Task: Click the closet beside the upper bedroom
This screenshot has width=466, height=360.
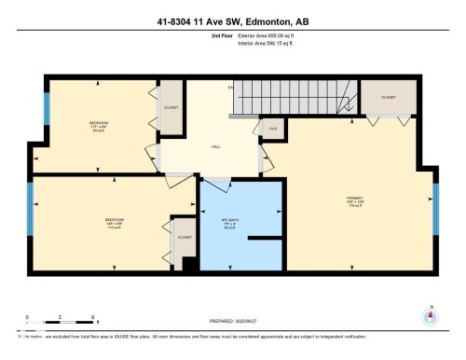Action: (x=171, y=107)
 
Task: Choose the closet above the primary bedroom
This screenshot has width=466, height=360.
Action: (x=387, y=97)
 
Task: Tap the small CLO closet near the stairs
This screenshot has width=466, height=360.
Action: (x=273, y=128)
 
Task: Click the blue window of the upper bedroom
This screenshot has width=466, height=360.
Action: (x=46, y=112)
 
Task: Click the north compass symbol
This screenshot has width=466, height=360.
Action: (x=430, y=317)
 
